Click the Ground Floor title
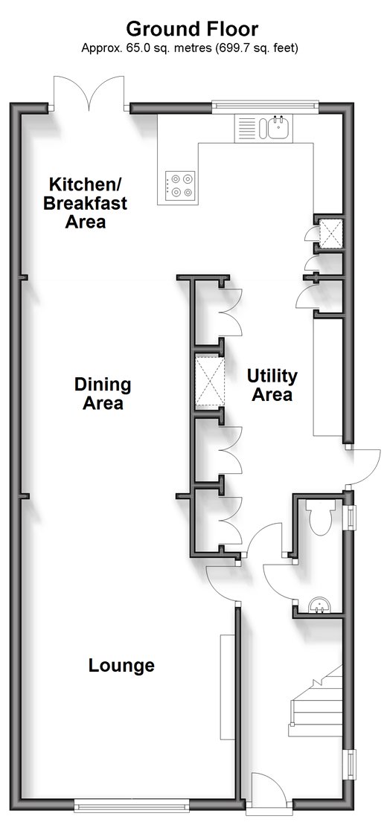coord(192,29)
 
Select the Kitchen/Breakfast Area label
coord(85,203)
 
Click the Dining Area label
coord(103,394)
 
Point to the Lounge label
coord(121,665)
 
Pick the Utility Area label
coord(272,385)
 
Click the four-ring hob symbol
coord(180,186)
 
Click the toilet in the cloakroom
coord(321,516)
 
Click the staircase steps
coord(315,702)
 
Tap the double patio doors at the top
coord(89,93)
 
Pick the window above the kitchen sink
coord(266,106)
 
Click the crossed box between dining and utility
coord(209,381)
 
